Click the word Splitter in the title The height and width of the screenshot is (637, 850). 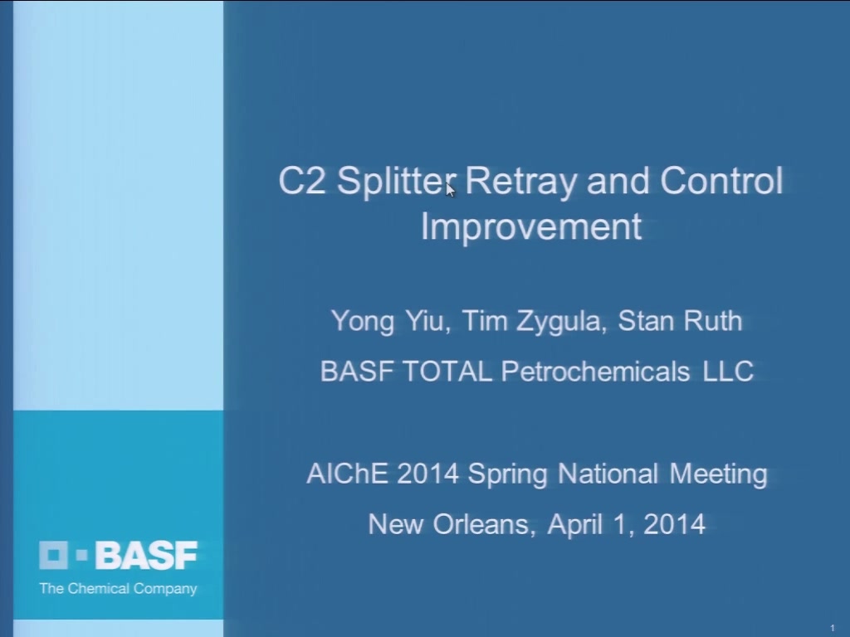click(x=396, y=182)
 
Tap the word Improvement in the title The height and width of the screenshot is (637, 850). click(x=531, y=226)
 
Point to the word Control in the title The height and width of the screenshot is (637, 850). click(x=721, y=180)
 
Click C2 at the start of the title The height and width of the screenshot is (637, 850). click(x=302, y=180)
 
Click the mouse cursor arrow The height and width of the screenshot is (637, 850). click(x=450, y=190)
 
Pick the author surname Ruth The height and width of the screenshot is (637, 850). click(x=713, y=321)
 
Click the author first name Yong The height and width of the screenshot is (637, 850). click(x=363, y=322)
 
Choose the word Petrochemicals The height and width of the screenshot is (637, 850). click(x=595, y=372)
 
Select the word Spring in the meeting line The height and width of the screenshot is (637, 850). click(x=508, y=474)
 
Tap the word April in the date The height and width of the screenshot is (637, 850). click(x=574, y=525)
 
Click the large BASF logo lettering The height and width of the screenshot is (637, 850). click(x=146, y=555)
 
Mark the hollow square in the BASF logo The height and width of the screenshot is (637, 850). click(x=53, y=555)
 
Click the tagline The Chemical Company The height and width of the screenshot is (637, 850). click(x=118, y=589)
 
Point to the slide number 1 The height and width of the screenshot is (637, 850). click(x=833, y=628)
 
